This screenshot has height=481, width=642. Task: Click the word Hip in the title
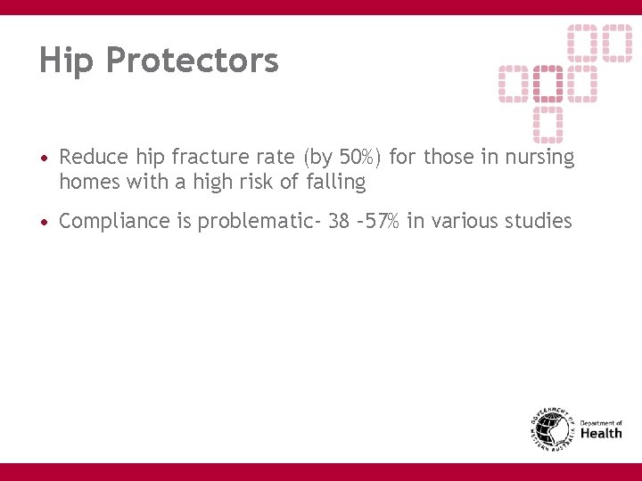coord(67,61)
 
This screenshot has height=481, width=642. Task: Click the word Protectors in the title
coord(192,61)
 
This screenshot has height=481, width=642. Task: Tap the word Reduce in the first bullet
coord(94,158)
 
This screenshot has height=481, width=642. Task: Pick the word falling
coord(335,183)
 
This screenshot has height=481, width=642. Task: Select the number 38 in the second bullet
coord(339,221)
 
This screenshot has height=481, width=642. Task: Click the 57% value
coord(383,221)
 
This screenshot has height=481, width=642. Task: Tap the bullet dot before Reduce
coord(45,159)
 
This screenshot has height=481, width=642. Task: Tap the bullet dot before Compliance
coord(45,222)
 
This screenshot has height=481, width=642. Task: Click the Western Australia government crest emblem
coord(552,431)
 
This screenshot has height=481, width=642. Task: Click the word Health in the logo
coord(602,434)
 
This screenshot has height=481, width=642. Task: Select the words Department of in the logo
coord(602,423)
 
